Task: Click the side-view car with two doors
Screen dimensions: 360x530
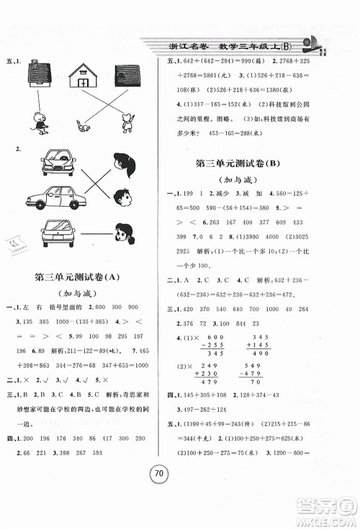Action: click(x=54, y=196)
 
